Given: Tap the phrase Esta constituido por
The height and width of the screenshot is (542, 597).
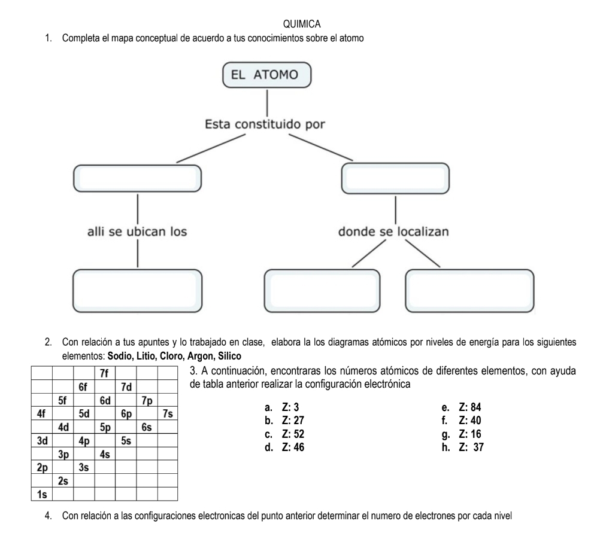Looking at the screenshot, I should tap(265, 126).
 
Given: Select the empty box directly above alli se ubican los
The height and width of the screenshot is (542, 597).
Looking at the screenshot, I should tap(137, 176).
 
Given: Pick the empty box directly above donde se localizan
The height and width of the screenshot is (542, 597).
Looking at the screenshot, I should tap(395, 176).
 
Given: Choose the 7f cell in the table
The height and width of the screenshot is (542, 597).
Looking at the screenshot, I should tap(104, 373).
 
